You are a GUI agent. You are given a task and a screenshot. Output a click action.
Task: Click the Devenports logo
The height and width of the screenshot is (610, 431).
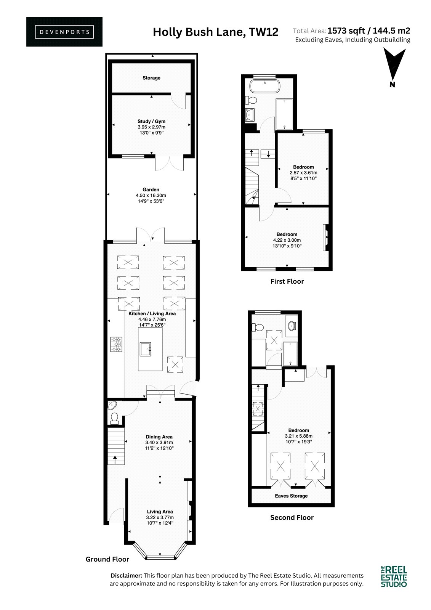click(64, 32)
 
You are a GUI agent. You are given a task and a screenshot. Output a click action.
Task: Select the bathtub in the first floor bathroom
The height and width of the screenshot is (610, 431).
click(264, 86)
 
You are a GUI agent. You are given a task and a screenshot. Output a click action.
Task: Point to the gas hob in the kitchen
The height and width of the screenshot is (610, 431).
click(116, 344)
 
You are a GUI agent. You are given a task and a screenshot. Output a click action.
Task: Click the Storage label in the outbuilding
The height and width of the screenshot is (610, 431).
click(151, 78)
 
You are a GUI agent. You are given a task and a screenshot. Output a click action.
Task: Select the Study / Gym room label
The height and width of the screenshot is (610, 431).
click(151, 122)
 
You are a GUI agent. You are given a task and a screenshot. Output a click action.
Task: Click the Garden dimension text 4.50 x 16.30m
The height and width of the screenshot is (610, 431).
click(151, 195)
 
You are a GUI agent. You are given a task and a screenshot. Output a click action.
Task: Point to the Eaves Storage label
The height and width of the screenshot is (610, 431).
click(291, 496)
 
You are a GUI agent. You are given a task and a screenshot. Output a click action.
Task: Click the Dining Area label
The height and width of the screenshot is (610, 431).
click(159, 437)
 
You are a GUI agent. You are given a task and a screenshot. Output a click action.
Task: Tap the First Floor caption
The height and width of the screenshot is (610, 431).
click(287, 281)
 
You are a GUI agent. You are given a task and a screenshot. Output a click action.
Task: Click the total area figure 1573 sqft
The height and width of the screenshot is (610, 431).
click(346, 30)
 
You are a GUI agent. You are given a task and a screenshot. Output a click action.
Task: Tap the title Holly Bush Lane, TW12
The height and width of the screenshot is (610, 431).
click(215, 32)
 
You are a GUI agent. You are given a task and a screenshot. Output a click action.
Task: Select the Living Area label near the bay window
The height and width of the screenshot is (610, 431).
click(160, 512)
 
